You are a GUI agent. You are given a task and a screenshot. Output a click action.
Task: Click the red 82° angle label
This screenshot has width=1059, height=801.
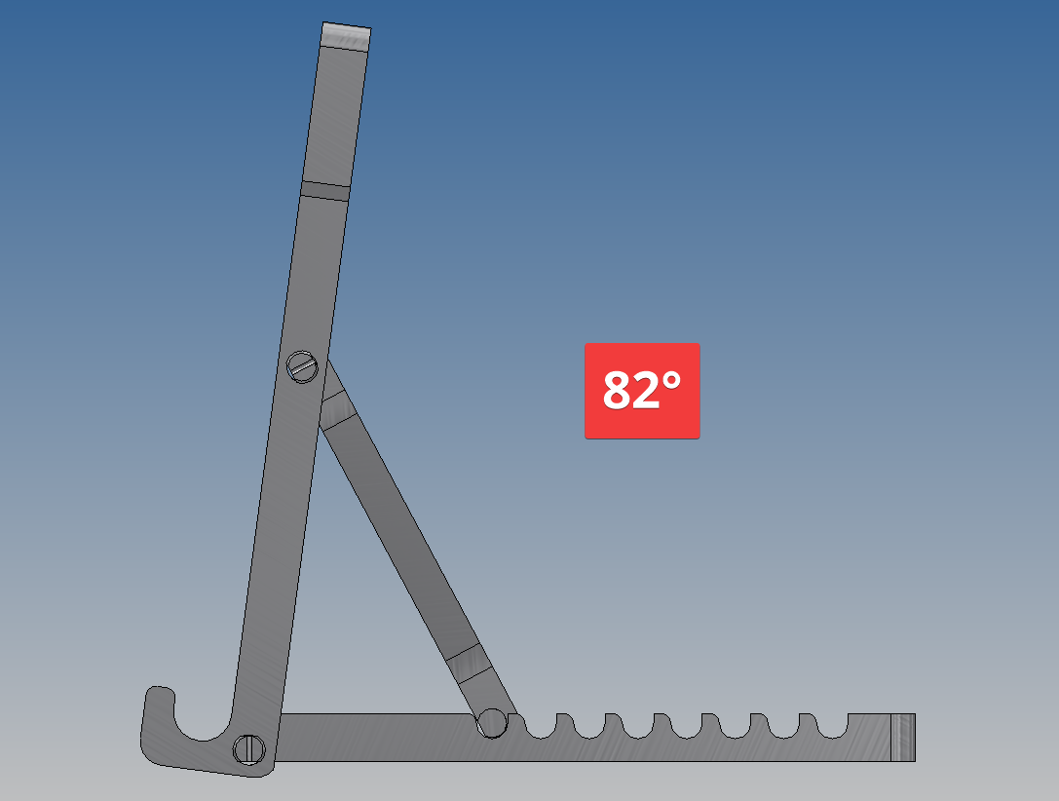click(642, 391)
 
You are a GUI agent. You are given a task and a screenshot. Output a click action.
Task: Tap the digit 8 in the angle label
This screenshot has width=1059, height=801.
click(617, 391)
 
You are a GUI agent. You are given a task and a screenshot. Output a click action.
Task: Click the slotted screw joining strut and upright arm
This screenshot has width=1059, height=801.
click(303, 366)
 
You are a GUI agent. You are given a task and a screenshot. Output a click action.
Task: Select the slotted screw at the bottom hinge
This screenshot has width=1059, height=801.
click(249, 749)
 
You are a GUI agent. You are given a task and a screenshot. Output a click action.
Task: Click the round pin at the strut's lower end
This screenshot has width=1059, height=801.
click(492, 723)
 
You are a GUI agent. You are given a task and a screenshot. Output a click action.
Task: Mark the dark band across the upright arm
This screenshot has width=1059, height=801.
click(325, 190)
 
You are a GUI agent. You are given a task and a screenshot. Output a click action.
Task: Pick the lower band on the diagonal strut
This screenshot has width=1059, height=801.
click(466, 663)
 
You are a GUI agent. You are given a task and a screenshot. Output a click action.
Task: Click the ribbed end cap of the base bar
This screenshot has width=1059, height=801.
click(903, 738)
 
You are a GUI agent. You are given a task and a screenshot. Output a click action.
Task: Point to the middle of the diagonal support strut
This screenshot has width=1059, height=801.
click(401, 536)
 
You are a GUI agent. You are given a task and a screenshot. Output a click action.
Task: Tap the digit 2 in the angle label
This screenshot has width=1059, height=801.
click(645, 391)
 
